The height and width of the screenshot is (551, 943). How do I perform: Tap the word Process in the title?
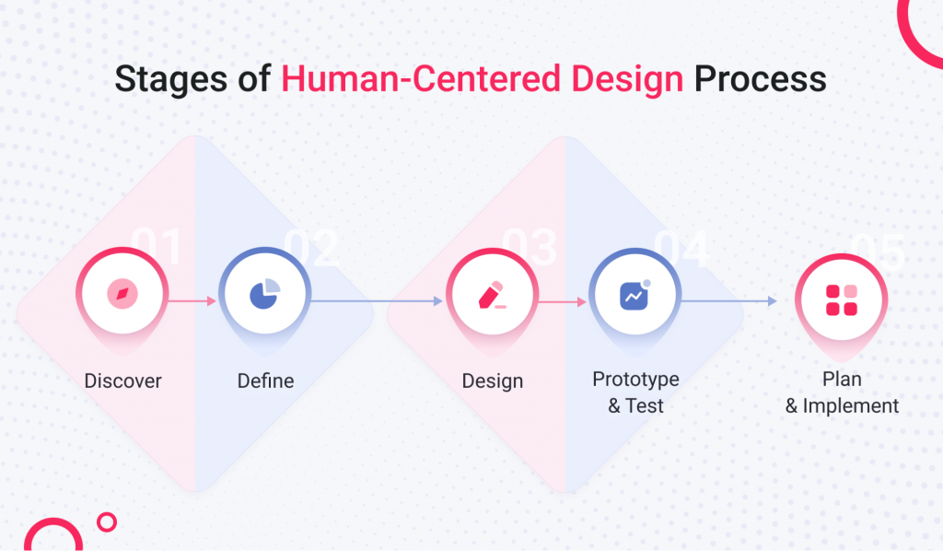[x=760, y=79]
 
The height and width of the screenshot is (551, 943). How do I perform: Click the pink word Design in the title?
[x=627, y=80]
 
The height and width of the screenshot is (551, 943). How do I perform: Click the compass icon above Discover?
[x=122, y=295]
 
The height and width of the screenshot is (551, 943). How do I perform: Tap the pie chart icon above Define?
[x=265, y=294]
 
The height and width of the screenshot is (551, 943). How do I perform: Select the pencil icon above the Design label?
[x=492, y=295]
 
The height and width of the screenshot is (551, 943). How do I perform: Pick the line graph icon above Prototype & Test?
[x=634, y=295]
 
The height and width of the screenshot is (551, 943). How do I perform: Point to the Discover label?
[x=122, y=381]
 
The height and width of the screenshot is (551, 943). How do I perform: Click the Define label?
[x=265, y=381]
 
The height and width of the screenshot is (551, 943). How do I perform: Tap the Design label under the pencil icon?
[x=492, y=381]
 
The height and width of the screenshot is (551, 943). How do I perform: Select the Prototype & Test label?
[x=635, y=392]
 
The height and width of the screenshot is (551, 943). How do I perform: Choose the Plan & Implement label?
[x=842, y=392]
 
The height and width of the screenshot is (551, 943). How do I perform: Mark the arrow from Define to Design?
[x=378, y=300]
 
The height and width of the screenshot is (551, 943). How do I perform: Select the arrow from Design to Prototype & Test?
[x=563, y=300]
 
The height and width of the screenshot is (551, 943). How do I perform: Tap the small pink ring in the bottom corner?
[x=107, y=522]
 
